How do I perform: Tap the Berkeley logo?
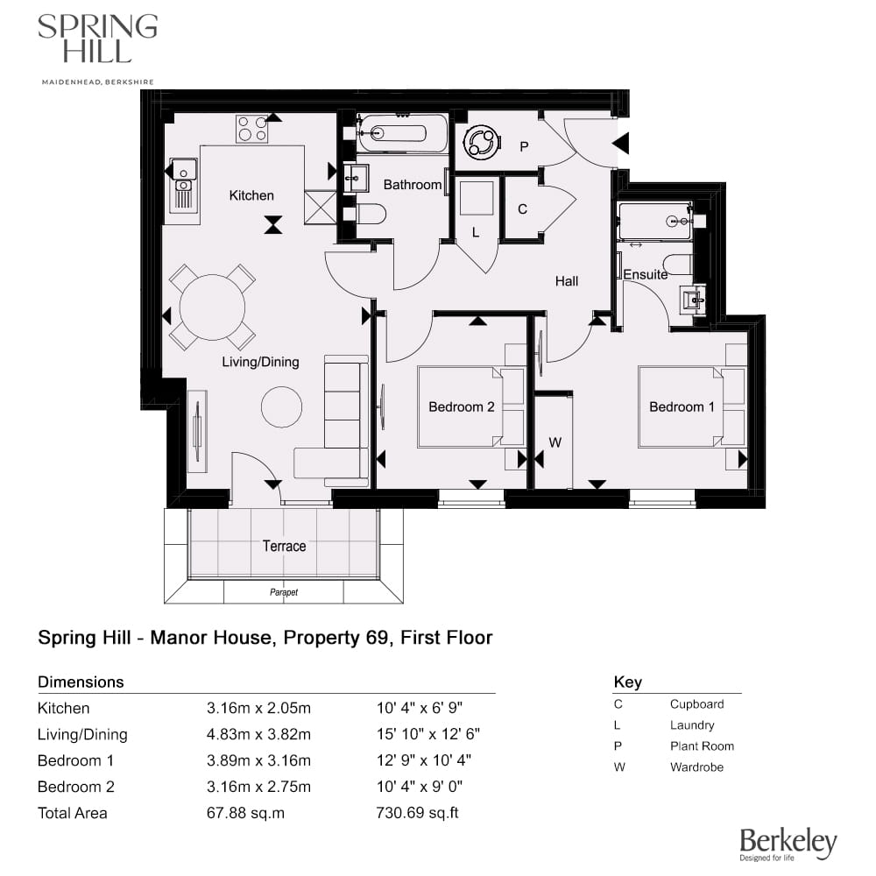[788, 843]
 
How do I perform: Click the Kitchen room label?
[251, 195]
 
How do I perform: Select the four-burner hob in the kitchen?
[251, 129]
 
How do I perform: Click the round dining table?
[212, 307]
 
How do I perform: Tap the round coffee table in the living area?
[282, 406]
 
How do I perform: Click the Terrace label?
[285, 546]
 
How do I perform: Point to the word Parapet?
[283, 592]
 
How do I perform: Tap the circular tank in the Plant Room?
[481, 143]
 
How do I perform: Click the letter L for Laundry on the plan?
[476, 233]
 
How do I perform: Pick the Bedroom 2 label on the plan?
[462, 406]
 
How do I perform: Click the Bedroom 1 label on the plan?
[682, 406]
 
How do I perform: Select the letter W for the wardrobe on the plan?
[555, 442]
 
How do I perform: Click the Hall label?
[567, 281]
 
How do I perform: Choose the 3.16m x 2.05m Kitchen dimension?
[258, 708]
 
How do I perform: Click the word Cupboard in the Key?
[696, 703]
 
